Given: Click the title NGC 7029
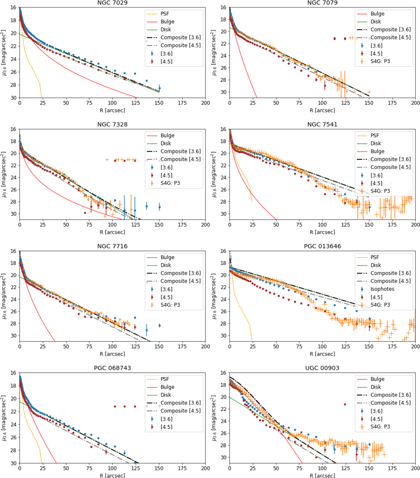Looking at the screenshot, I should [112, 3].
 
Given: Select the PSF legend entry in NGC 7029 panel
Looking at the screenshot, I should [164, 14].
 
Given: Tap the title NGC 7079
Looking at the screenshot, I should [322, 3].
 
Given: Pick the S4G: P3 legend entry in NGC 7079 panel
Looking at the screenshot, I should [380, 61].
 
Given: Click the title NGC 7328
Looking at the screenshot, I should [112, 124].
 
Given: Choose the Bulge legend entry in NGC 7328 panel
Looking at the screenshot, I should [167, 136].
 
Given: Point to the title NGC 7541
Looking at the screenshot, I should [322, 124].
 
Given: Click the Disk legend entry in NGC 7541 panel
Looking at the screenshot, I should [376, 143].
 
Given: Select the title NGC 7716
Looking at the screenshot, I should [112, 246].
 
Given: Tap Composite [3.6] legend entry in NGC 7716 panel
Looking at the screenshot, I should [181, 273].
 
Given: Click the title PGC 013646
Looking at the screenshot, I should [322, 246].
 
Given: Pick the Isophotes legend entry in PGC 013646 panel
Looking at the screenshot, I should [382, 289].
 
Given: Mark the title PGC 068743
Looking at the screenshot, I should [112, 368].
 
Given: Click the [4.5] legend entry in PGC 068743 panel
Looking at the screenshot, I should [166, 427].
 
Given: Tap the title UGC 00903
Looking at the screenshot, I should [322, 368].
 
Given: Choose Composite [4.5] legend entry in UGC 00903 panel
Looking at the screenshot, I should [391, 403].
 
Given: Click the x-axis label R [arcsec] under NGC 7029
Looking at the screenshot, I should [112, 110].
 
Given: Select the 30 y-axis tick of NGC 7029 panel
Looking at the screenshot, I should [13, 98].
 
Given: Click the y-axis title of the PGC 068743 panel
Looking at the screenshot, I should [4, 418].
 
